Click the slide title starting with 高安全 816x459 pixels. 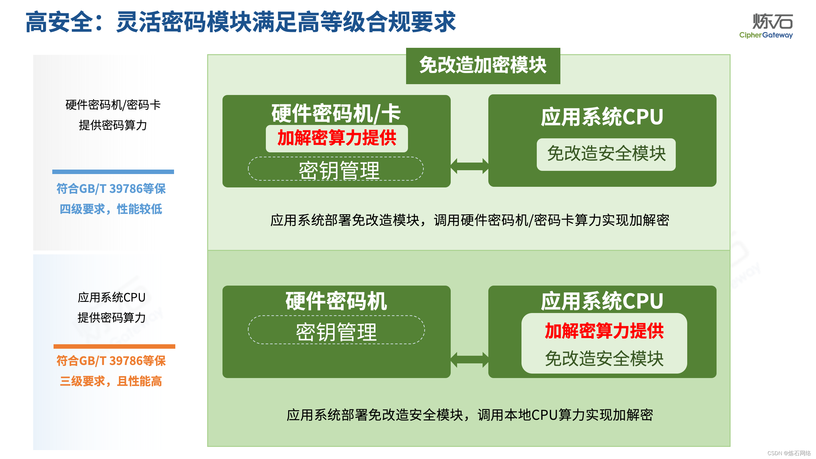(x=241, y=22)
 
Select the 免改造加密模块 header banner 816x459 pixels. (x=483, y=66)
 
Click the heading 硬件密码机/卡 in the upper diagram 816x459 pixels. (x=336, y=113)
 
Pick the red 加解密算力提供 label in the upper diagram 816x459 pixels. (x=337, y=138)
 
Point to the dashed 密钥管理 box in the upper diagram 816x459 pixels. (x=336, y=169)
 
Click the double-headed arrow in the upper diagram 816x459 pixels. (x=469, y=166)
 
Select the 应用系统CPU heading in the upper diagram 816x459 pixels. (x=602, y=117)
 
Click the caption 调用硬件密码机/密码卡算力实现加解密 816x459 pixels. (x=470, y=220)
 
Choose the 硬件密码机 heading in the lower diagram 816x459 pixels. (x=336, y=301)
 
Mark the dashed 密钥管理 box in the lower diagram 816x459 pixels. (x=336, y=330)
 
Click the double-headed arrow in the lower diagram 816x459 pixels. (x=469, y=360)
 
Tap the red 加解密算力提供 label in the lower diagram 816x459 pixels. (x=604, y=331)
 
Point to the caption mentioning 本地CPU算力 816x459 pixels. (x=470, y=415)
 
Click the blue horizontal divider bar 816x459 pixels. (x=113, y=171)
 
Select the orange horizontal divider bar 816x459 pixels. (x=114, y=346)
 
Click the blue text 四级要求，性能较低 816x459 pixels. (x=111, y=209)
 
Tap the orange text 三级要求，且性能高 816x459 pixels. (x=111, y=381)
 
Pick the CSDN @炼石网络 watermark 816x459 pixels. (x=789, y=453)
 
